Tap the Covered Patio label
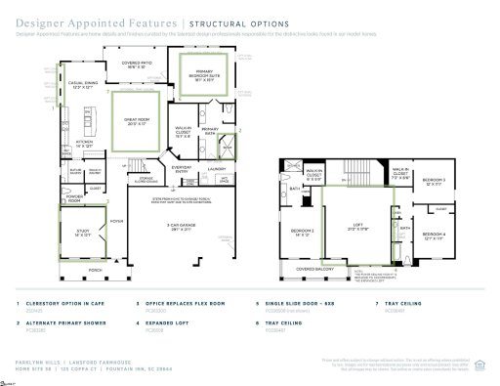click(x=140, y=64)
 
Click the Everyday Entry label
click(x=180, y=169)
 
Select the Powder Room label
click(x=73, y=195)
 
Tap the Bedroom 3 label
click(x=434, y=182)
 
